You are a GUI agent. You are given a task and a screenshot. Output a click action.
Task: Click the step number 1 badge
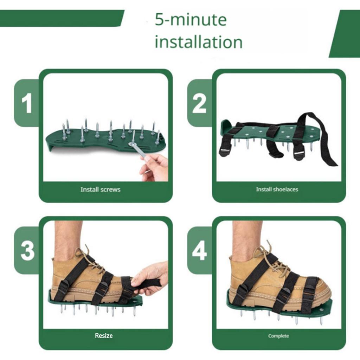(27, 103)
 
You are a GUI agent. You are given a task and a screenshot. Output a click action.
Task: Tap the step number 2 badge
(199, 103)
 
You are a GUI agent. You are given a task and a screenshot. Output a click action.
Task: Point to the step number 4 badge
(199, 250)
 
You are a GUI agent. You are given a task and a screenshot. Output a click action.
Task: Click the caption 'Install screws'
(100, 189)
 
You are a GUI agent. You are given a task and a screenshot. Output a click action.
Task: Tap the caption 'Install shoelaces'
(277, 189)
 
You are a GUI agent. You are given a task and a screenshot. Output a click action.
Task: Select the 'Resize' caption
(104, 336)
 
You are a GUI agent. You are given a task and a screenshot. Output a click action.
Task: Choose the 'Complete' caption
(278, 336)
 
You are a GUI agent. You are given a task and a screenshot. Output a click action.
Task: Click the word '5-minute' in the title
(191, 20)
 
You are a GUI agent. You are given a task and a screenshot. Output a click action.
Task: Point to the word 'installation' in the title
(199, 42)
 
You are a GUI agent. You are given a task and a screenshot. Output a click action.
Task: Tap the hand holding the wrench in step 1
(155, 167)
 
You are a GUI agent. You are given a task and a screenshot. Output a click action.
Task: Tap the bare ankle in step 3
(69, 239)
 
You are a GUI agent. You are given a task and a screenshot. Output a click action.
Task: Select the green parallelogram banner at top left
(62, 18)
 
